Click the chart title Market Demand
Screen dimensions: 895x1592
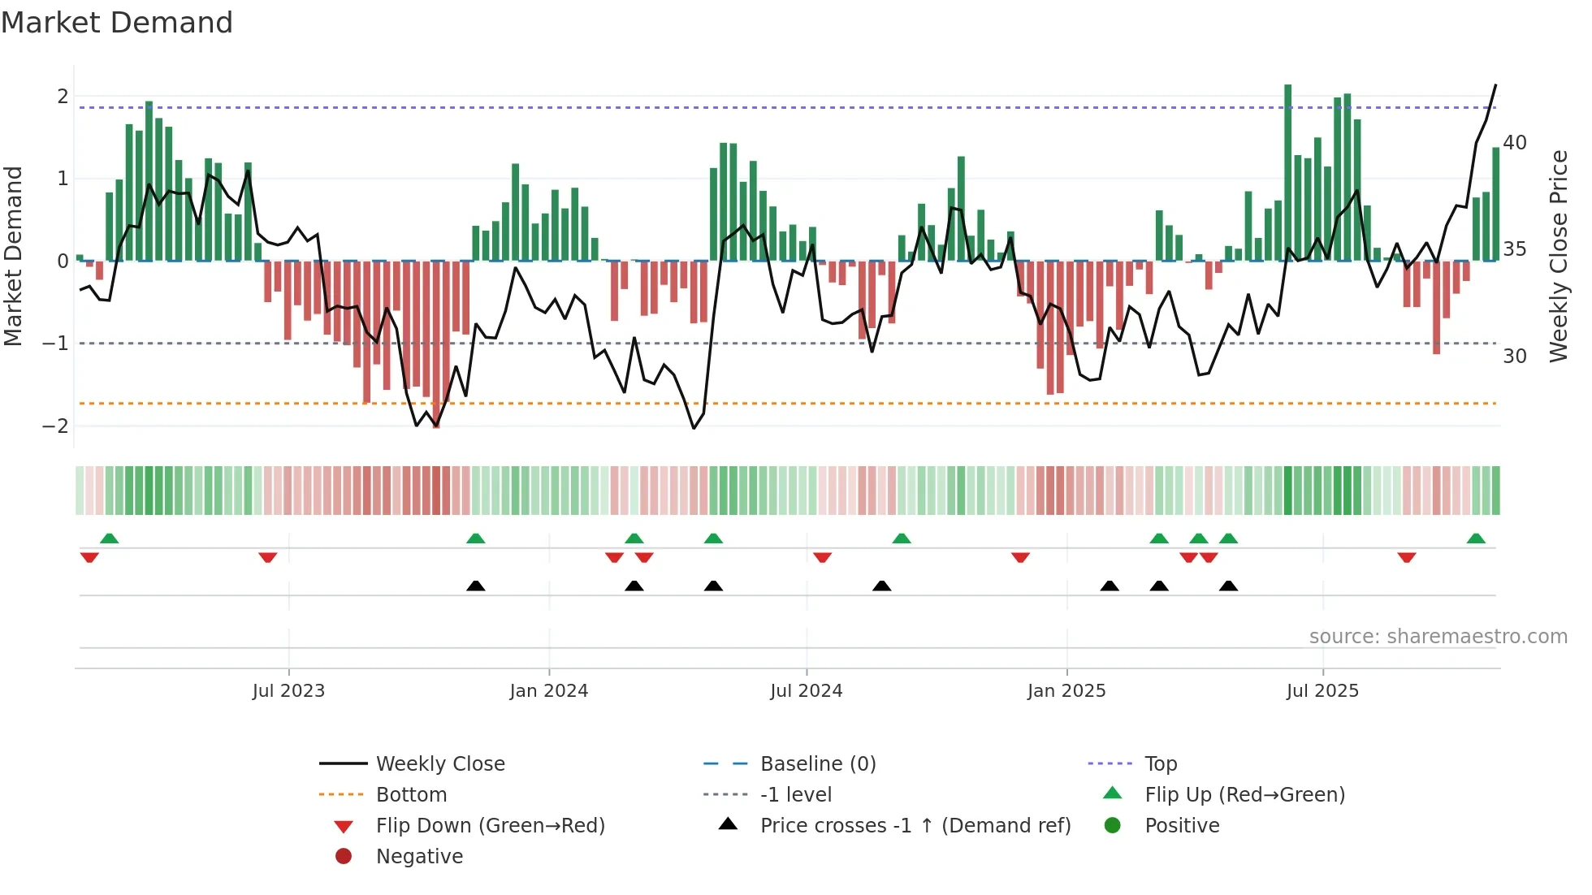(117, 23)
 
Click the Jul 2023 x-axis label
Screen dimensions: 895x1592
(288, 691)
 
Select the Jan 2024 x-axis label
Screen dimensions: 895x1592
(548, 691)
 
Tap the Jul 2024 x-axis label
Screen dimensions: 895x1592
(806, 691)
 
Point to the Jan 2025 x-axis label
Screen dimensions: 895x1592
(1066, 691)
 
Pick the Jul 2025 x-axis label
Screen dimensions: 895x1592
(1322, 691)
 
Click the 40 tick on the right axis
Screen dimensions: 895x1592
(1515, 143)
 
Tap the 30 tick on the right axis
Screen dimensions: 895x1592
(1515, 357)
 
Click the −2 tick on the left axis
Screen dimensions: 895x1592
(55, 426)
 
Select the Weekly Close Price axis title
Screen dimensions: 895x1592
(1558, 256)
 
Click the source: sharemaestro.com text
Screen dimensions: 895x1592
(1438, 637)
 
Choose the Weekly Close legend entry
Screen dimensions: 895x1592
(440, 764)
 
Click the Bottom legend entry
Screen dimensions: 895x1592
(411, 795)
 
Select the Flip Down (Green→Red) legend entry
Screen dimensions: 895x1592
(490, 826)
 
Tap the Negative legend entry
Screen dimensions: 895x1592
(419, 857)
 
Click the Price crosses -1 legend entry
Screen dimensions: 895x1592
(915, 826)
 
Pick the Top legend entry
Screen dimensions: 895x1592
(1161, 764)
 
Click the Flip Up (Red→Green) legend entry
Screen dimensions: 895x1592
(1244, 795)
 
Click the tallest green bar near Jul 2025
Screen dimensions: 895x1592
(1288, 172)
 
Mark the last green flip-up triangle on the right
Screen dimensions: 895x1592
(1476, 538)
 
